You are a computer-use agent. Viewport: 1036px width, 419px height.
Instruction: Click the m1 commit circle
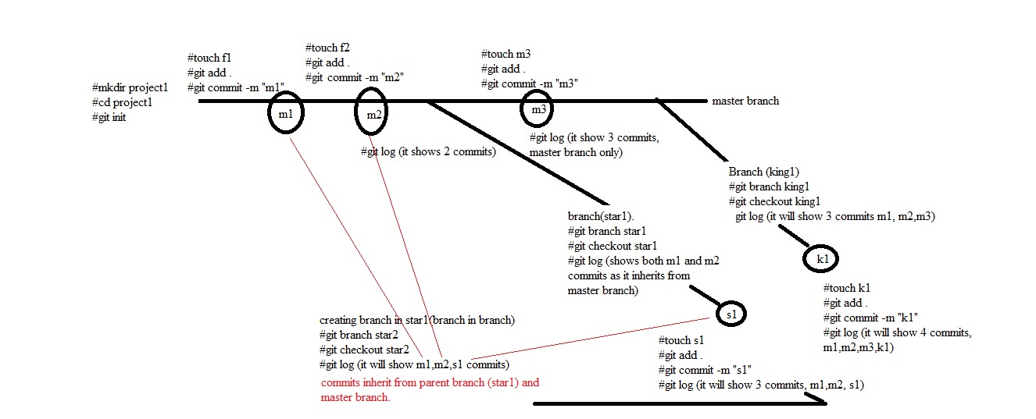coord(285,115)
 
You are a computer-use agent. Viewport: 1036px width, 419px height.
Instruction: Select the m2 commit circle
coord(373,115)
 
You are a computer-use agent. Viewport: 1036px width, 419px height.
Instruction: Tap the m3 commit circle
coord(538,110)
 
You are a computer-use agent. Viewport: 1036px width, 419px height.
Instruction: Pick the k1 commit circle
coord(822,258)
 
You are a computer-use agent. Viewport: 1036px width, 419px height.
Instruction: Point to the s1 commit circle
coord(731,314)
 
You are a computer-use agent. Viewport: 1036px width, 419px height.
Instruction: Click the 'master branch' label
coord(745,101)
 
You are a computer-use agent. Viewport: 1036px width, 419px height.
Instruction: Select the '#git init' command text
coord(109,117)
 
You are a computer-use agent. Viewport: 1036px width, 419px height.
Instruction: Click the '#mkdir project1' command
coord(130,87)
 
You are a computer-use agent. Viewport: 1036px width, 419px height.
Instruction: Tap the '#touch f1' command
coord(209,58)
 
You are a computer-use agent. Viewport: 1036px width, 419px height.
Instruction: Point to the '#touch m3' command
coord(505,55)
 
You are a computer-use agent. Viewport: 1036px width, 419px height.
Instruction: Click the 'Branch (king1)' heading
coord(763,172)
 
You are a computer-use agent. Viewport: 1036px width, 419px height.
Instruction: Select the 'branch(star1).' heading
coord(601,216)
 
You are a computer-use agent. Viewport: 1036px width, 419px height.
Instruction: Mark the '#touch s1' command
coord(681,341)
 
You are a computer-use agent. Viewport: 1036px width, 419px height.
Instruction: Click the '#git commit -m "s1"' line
coord(705,370)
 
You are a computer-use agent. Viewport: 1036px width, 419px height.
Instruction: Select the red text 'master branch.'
coord(355,398)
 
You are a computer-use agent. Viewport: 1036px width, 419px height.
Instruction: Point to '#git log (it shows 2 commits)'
coord(428,152)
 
